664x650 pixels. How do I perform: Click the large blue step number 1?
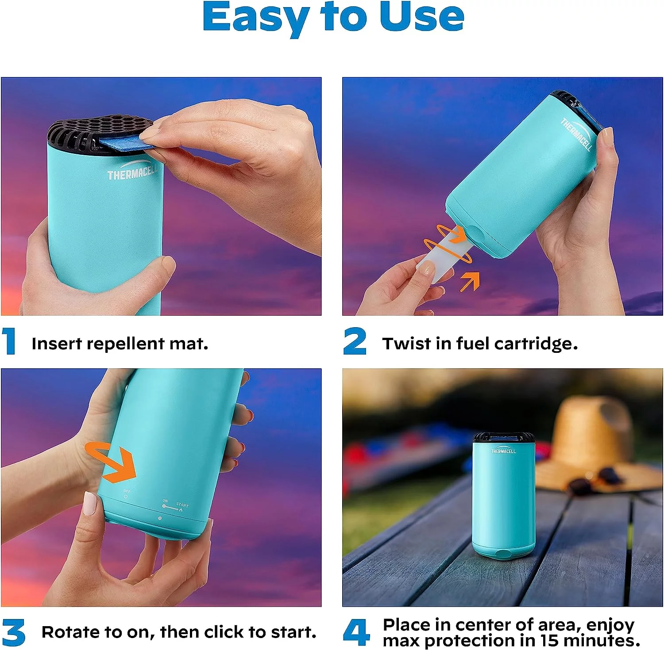coord(9,341)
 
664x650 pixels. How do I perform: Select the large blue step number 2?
coord(355,341)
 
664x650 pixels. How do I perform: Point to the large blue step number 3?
coord(13,633)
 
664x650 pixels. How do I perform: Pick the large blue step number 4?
coord(357,632)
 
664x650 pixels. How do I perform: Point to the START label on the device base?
coord(182,505)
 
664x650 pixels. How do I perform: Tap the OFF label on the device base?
coord(127,492)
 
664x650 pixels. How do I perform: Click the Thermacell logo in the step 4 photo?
coord(503,451)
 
